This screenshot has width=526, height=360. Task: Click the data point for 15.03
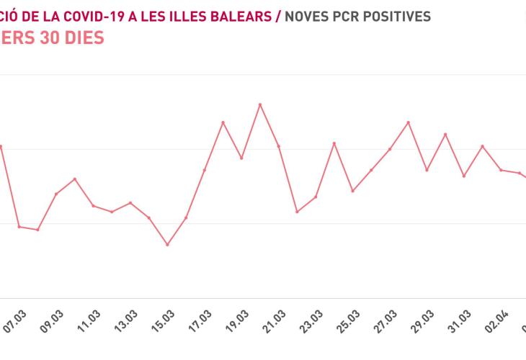point(167,245)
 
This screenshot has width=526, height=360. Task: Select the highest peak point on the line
point(260,104)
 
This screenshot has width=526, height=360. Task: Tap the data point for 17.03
point(205,170)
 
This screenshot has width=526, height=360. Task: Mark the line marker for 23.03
point(316,197)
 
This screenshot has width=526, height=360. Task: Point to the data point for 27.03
point(390,149)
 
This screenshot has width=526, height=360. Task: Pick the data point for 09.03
point(56,194)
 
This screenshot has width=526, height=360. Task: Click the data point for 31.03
point(464,176)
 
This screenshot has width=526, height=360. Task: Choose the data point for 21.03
point(278,146)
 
